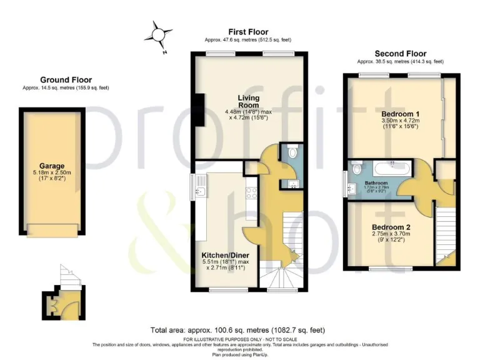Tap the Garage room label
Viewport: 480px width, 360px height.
(x=52, y=166)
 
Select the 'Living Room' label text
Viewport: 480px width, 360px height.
(x=248, y=102)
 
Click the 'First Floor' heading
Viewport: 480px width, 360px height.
(x=248, y=32)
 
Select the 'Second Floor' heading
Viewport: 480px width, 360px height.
(x=400, y=54)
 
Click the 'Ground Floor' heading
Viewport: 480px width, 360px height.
(x=66, y=80)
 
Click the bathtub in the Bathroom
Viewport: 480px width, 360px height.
(x=391, y=168)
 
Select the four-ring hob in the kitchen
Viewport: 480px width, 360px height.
(x=251, y=194)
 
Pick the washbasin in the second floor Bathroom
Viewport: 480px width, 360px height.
(x=346, y=186)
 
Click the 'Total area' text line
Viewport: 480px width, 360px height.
(x=237, y=329)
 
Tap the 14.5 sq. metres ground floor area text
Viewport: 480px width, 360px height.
(x=66, y=88)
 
